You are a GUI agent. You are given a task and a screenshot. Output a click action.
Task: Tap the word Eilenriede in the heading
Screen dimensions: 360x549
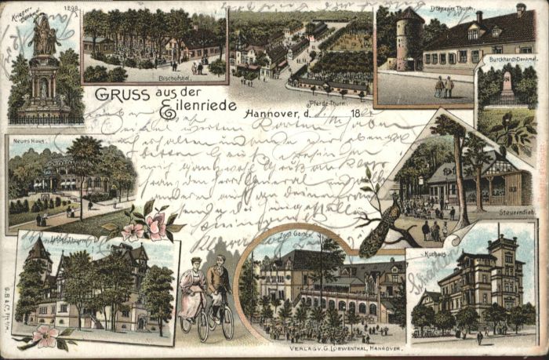[191, 111]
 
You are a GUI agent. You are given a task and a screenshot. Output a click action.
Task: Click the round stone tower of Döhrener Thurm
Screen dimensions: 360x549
[409, 41]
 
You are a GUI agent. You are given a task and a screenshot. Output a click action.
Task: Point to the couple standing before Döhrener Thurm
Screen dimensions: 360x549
[444, 86]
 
